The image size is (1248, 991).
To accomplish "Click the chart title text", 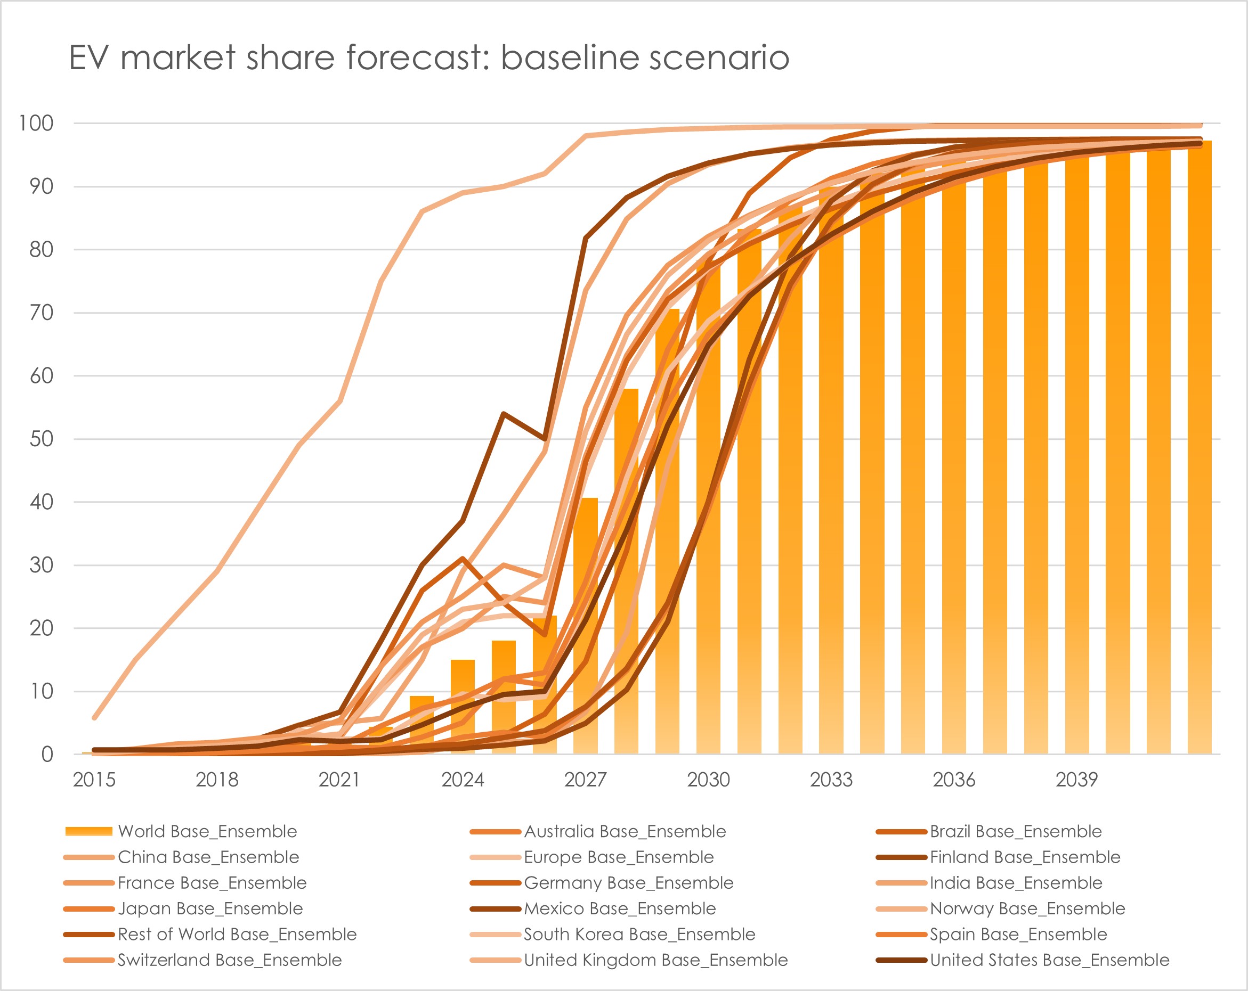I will pyautogui.click(x=428, y=58).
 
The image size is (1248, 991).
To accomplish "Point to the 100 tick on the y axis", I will pyautogui.click(x=36, y=123).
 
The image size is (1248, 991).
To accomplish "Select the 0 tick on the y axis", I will pyautogui.click(x=47, y=755).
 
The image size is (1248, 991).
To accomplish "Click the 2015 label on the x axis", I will pyautogui.click(x=94, y=780).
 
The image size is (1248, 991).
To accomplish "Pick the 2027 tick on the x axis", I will pyautogui.click(x=585, y=780).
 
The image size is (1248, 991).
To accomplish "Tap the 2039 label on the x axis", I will pyautogui.click(x=1076, y=780).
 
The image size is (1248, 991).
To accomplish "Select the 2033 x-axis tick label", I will pyautogui.click(x=831, y=780).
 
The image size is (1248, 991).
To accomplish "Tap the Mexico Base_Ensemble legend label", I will pyautogui.click(x=619, y=908).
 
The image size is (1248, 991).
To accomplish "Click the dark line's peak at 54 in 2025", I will pyautogui.click(x=504, y=414).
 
